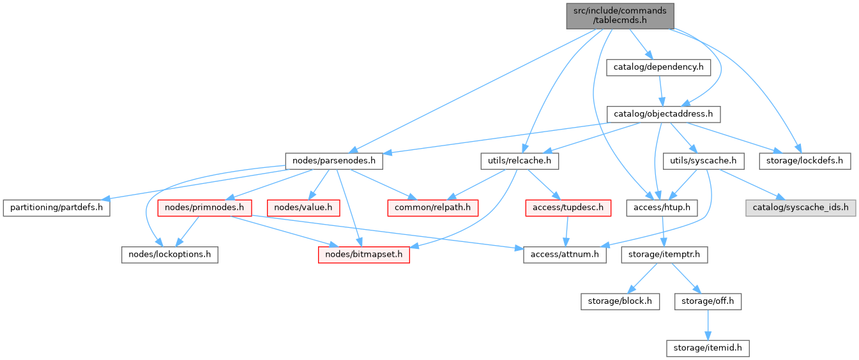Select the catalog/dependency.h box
click(x=658, y=67)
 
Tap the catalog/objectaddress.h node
click(x=663, y=115)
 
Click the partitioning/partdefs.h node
click(x=56, y=207)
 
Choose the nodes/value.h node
click(x=304, y=207)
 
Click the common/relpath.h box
click(x=432, y=207)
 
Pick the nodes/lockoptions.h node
click(x=170, y=255)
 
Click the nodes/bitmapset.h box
click(x=363, y=255)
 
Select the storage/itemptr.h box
click(x=664, y=255)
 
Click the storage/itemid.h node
click(x=707, y=348)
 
